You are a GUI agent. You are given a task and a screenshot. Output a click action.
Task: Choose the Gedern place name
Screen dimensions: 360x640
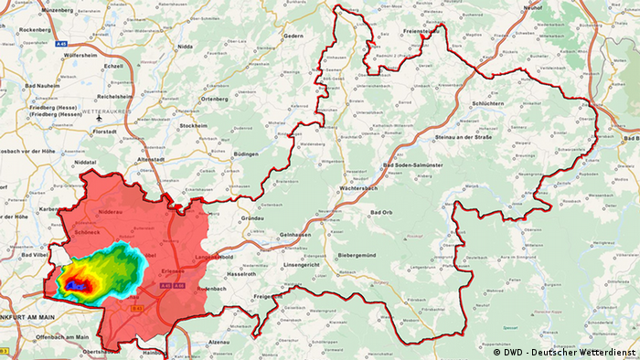[x=293, y=36]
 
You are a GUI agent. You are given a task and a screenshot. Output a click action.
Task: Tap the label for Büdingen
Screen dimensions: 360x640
[x=247, y=155]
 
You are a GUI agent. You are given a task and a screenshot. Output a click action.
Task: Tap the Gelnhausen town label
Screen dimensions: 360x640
[x=298, y=236]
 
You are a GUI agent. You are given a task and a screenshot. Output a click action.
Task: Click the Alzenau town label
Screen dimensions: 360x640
[x=219, y=341]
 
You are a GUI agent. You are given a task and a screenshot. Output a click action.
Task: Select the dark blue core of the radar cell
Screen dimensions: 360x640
[x=78, y=287]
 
